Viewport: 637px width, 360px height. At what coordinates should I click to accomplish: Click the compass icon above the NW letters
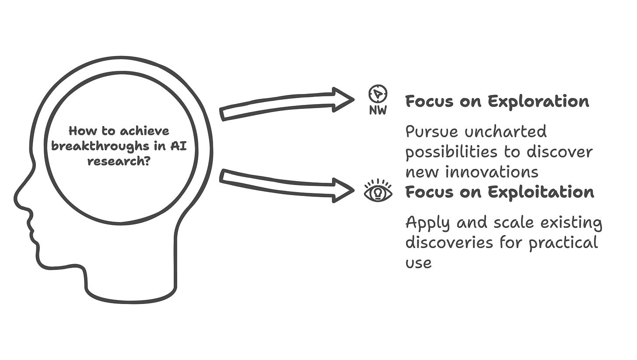pos(378,94)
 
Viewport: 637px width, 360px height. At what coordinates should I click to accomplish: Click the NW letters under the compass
pos(378,111)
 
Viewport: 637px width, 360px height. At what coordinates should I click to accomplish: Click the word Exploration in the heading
pos(538,101)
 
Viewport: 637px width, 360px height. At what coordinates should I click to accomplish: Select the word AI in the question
pos(178,146)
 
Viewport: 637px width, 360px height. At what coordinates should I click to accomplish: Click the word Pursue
pos(432,132)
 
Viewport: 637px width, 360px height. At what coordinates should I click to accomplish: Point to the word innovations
pos(492,171)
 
